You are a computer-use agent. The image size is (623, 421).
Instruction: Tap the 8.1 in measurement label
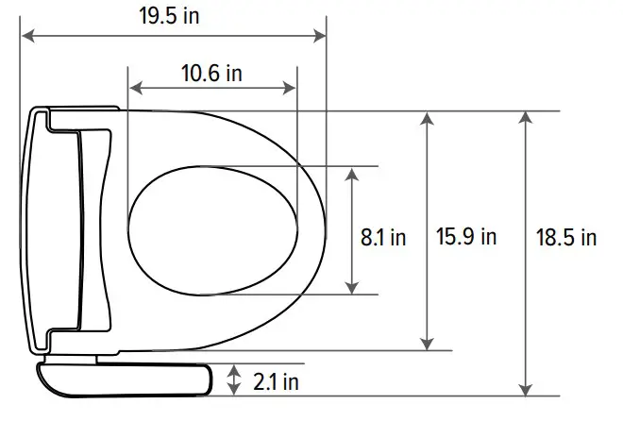click(x=383, y=237)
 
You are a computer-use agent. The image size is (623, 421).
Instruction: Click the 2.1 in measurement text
click(x=276, y=381)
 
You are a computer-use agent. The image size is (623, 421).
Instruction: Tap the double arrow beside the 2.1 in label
click(x=235, y=380)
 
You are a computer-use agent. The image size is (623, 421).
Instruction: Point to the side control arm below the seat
click(x=123, y=379)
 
